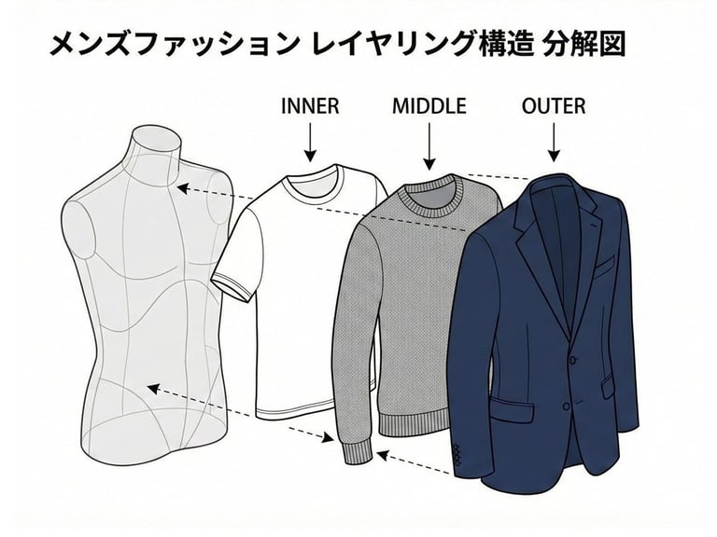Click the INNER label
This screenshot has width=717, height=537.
309,106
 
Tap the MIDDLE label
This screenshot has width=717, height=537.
429,106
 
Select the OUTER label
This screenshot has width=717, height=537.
554,106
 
